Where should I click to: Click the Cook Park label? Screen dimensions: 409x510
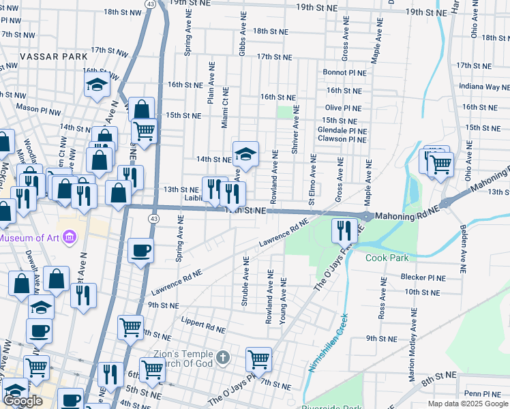387,258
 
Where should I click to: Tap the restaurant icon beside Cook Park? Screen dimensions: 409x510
342,231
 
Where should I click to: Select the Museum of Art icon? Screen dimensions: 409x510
69,237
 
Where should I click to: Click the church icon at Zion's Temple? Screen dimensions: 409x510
222,357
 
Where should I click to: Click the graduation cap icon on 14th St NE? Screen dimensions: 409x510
245,154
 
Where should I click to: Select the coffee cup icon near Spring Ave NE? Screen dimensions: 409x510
141,250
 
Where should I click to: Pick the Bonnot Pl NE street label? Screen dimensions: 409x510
346,72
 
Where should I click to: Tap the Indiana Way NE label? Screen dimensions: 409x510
484,87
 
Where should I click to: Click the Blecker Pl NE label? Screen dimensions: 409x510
423,278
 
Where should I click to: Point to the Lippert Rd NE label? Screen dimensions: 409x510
203,324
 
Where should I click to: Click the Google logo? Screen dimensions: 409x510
22,401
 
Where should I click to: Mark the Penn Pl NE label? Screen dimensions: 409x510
483,393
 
